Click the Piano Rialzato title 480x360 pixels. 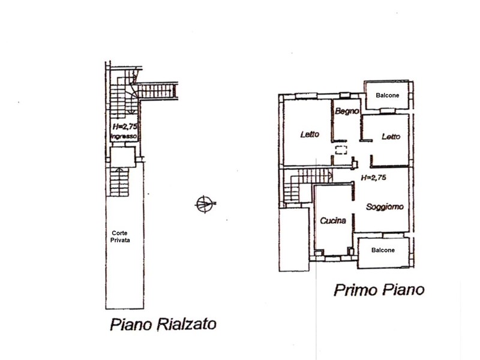coord(163,325)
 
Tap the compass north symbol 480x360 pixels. coord(205,204)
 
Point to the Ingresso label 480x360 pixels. coord(124,137)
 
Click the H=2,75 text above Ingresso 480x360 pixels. coord(125,127)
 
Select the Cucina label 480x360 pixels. coord(333,220)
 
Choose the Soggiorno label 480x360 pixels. coord(385,206)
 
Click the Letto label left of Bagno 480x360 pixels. coord(310,134)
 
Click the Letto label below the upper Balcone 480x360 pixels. coord(391,137)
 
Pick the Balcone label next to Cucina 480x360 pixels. coord(383,250)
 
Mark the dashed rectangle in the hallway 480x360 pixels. coord(340,150)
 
